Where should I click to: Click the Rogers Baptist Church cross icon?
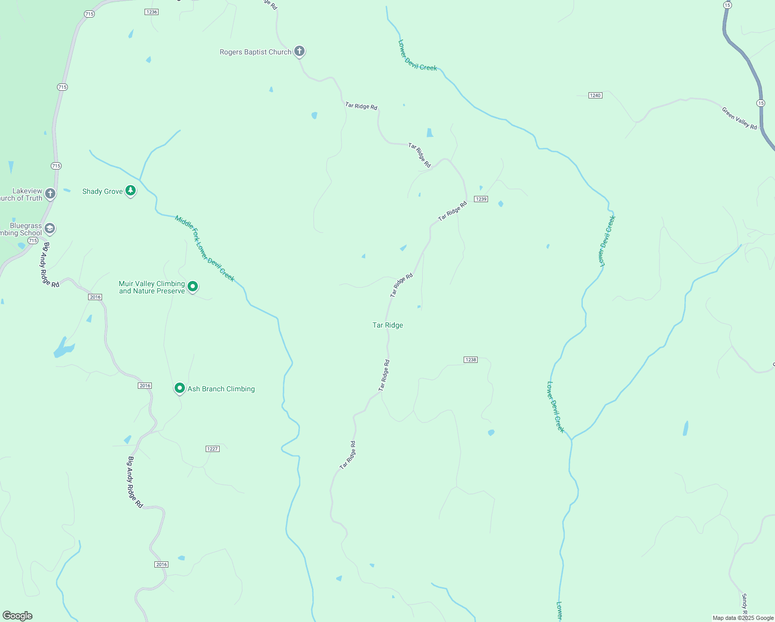click(299, 51)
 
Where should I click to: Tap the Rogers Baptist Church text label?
click(255, 52)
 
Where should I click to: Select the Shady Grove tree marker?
click(131, 191)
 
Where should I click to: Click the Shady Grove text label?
click(103, 192)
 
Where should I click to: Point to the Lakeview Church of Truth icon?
click(50, 194)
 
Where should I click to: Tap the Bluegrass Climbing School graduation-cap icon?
click(50, 228)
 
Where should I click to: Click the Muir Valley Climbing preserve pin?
click(193, 286)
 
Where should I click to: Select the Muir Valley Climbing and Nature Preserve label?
click(152, 288)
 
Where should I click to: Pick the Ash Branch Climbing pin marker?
click(180, 388)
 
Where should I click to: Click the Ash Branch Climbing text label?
click(221, 389)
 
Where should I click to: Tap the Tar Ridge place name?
click(387, 326)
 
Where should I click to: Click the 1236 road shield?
click(151, 12)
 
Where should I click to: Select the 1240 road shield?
click(595, 95)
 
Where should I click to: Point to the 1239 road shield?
click(481, 199)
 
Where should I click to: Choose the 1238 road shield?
click(470, 360)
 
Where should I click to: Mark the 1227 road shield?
click(212, 449)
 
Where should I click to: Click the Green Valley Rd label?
click(739, 118)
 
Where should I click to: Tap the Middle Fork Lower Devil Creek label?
click(205, 249)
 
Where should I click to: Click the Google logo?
click(18, 616)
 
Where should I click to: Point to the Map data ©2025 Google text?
click(743, 618)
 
